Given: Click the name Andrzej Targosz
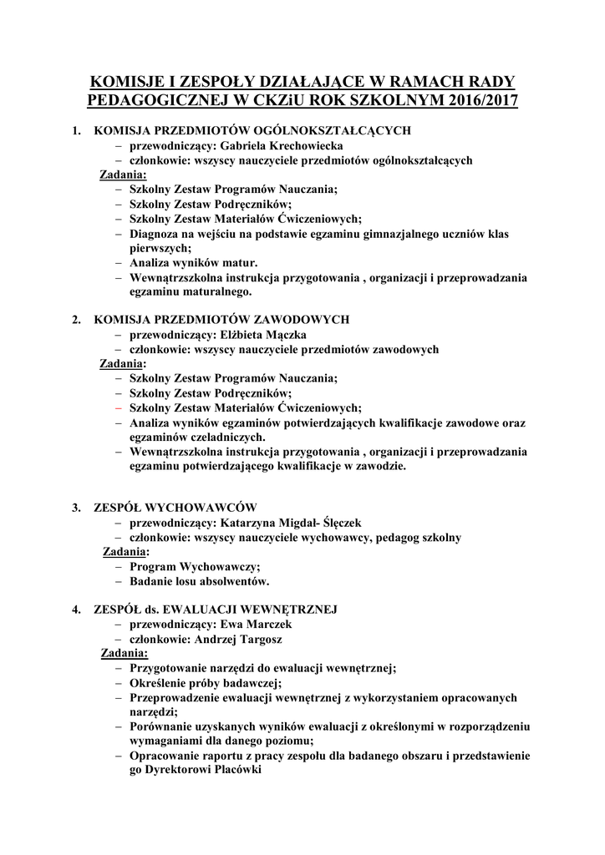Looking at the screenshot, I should [x=238, y=639].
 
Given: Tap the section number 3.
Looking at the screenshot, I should [x=76, y=508].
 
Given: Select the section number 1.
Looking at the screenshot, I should [x=76, y=130].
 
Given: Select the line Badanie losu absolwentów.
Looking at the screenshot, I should [x=199, y=581].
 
